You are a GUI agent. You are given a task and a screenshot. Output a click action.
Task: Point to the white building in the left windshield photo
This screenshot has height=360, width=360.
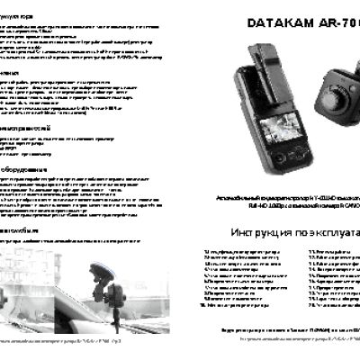(36, 270)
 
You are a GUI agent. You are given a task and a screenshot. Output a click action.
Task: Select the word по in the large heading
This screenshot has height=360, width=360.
(303, 231)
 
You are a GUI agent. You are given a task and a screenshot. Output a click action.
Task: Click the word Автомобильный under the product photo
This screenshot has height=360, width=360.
(231, 193)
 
